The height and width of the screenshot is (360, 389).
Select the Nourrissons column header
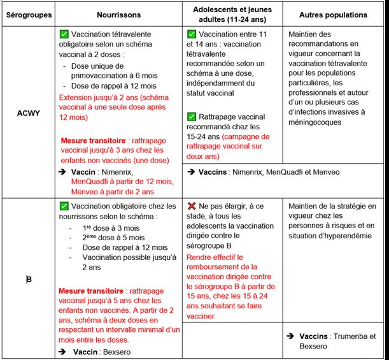pyautogui.click(x=118, y=14)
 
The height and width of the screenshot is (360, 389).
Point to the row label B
pyautogui.click(x=29, y=279)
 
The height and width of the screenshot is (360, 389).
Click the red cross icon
pyautogui.click(x=192, y=206)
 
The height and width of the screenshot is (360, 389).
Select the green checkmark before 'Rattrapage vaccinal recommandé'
pyautogui.click(x=192, y=117)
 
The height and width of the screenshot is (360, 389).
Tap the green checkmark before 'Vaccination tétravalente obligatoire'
pyautogui.click(x=64, y=34)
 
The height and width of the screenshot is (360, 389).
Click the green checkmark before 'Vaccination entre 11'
pyautogui.click(x=192, y=34)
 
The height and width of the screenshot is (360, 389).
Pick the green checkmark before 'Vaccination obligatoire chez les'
pyautogui.click(x=64, y=206)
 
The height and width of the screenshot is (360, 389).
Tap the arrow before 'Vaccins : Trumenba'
pyautogui.click(x=290, y=336)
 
